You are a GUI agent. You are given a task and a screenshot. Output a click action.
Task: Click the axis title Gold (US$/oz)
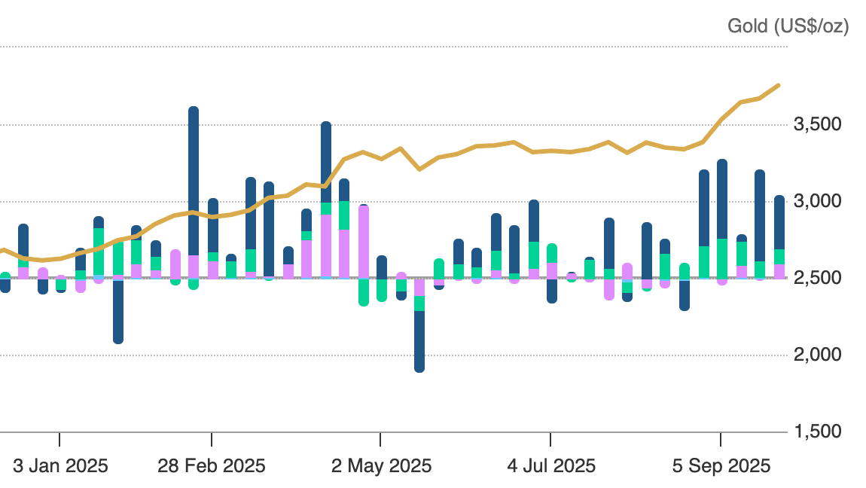pos(788,26)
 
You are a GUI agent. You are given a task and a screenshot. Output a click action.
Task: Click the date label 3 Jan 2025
pos(60,466)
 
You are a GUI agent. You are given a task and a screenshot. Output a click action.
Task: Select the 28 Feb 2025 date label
pos(212,466)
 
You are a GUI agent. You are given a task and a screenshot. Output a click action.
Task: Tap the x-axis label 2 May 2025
pos(382,466)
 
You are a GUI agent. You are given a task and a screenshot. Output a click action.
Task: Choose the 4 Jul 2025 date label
pos(551,466)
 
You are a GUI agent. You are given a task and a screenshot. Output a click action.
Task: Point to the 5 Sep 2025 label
pos(721,466)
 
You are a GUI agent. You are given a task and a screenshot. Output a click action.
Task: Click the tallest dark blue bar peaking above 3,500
pos(194,181)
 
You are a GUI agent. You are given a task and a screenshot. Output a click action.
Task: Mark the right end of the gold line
pos(779,85)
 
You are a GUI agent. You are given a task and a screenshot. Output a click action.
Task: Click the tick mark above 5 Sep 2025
pos(721,439)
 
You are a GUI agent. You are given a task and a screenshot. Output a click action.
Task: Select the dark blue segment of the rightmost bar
pos(779,222)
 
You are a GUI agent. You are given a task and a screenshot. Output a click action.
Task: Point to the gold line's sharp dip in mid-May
pos(419,169)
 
